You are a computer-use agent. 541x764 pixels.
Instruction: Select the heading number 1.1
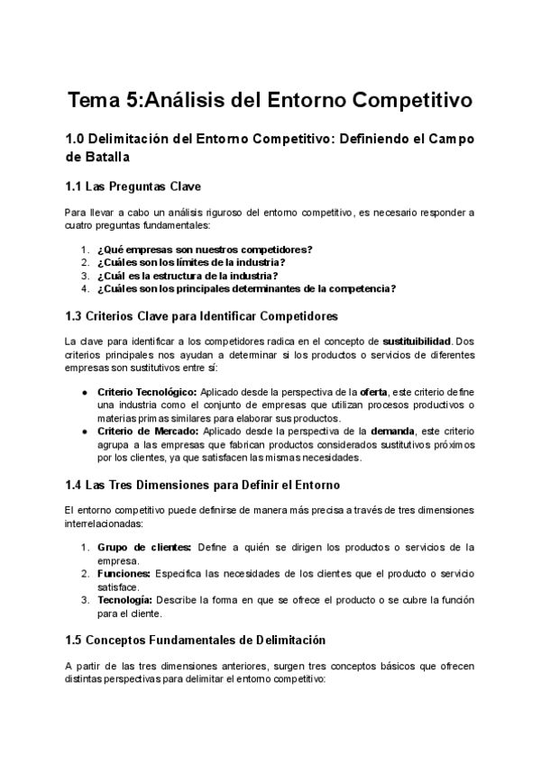click(73, 186)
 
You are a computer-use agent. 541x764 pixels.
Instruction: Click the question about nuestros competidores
click(205, 249)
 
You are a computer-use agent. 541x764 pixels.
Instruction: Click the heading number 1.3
click(73, 316)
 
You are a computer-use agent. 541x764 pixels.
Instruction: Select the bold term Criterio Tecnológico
click(146, 392)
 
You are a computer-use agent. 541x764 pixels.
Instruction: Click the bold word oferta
click(374, 392)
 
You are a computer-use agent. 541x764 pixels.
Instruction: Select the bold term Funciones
click(124, 574)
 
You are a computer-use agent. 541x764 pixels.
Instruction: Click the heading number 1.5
click(73, 639)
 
